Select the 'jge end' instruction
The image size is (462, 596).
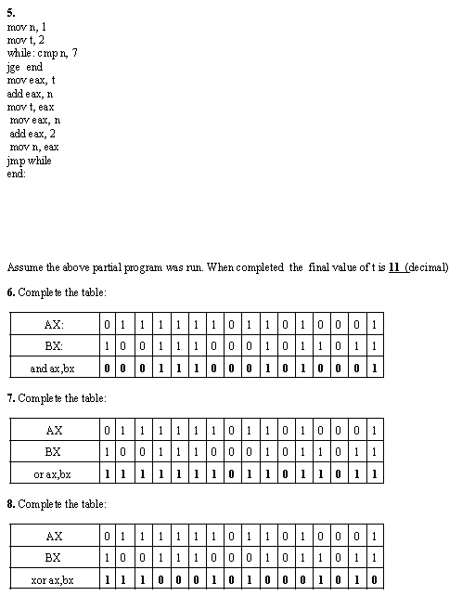tap(25, 67)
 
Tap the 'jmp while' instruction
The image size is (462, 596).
tap(29, 161)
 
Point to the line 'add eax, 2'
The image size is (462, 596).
tap(32, 134)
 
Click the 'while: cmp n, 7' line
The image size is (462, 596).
tap(42, 53)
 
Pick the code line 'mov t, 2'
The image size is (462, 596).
tap(25, 40)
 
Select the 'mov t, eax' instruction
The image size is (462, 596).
tap(31, 107)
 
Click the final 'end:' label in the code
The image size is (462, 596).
tap(17, 174)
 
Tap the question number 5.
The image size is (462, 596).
tap(11, 13)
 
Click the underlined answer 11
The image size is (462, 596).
tap(394, 267)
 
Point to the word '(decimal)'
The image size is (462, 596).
tap(429, 267)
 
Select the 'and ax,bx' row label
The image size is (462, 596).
tap(54, 369)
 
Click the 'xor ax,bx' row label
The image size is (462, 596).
tap(54, 580)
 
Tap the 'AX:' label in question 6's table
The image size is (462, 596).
tap(54, 325)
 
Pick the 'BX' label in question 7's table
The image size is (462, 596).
tap(54, 452)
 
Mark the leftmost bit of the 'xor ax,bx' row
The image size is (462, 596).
tap(109, 580)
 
